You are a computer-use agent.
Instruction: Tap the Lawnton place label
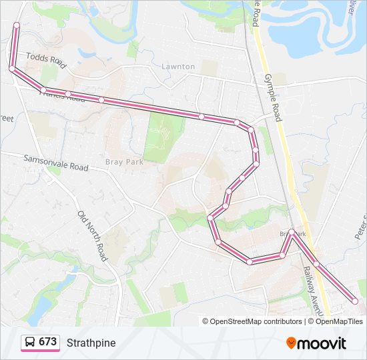pyautogui.click(x=178, y=67)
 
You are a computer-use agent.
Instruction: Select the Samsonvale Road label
pyautogui.click(x=56, y=163)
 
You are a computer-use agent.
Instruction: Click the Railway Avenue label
pyautogui.click(x=312, y=290)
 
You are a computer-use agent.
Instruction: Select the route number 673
pyautogui.click(x=47, y=342)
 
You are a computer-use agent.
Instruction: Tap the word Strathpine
pyautogui.click(x=91, y=343)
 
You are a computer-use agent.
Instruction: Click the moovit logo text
pyautogui.click(x=322, y=343)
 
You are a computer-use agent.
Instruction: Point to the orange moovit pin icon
pyautogui.click(x=291, y=343)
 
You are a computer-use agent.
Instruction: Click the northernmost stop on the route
pyautogui.click(x=16, y=25)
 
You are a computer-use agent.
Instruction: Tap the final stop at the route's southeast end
pyautogui.click(x=354, y=302)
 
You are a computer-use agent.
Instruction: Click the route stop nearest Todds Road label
pyautogui.click(x=12, y=69)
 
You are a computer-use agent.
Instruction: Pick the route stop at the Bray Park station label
pyautogui.click(x=292, y=232)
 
